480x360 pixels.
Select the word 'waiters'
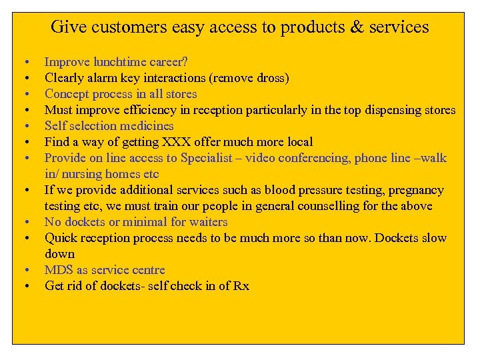[206, 222]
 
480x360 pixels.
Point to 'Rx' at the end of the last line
[241, 286]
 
